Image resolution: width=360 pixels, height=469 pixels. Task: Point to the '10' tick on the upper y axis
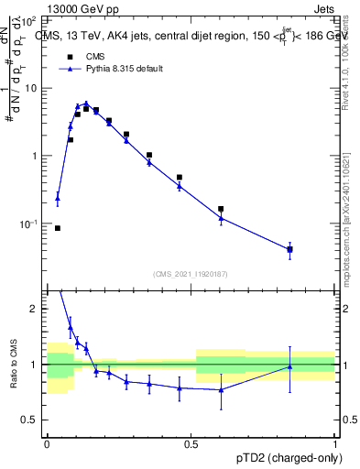34,89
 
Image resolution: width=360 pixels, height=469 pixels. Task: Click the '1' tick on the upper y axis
37,156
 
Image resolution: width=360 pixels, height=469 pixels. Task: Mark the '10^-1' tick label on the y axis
30,224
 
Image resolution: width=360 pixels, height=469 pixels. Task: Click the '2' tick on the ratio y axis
37,309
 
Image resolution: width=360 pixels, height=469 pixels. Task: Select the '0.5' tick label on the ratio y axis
32,420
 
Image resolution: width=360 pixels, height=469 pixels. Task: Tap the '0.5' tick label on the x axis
191,446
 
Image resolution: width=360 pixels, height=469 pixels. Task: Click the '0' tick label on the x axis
47,446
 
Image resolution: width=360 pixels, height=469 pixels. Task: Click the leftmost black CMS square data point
58,228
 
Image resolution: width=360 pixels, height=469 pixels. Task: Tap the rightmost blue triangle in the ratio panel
289,366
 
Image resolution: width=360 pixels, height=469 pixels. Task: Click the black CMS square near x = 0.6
221,209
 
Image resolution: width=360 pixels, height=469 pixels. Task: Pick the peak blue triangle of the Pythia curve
86,104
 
